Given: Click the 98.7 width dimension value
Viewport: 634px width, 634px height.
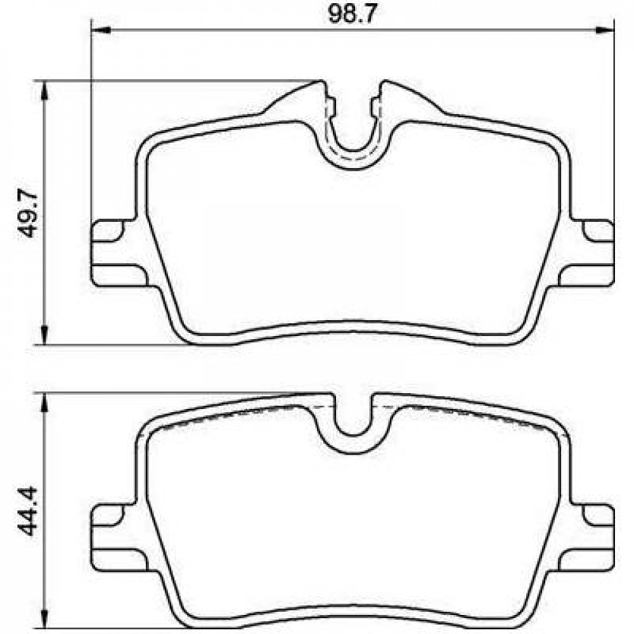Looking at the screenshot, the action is [352, 15].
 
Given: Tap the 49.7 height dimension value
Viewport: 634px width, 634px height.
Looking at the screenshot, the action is [29, 214].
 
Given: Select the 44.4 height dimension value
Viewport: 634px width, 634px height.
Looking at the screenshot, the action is [29, 511].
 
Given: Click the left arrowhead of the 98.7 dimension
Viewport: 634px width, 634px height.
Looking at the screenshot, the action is [101, 30].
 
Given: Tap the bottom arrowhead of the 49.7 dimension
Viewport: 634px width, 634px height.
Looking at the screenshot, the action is [45, 335].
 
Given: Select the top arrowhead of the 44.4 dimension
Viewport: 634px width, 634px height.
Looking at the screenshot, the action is [45, 402].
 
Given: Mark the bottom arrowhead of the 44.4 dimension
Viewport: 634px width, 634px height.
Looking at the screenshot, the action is [45, 620].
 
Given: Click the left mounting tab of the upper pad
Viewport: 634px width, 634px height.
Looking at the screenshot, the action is [118, 254].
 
